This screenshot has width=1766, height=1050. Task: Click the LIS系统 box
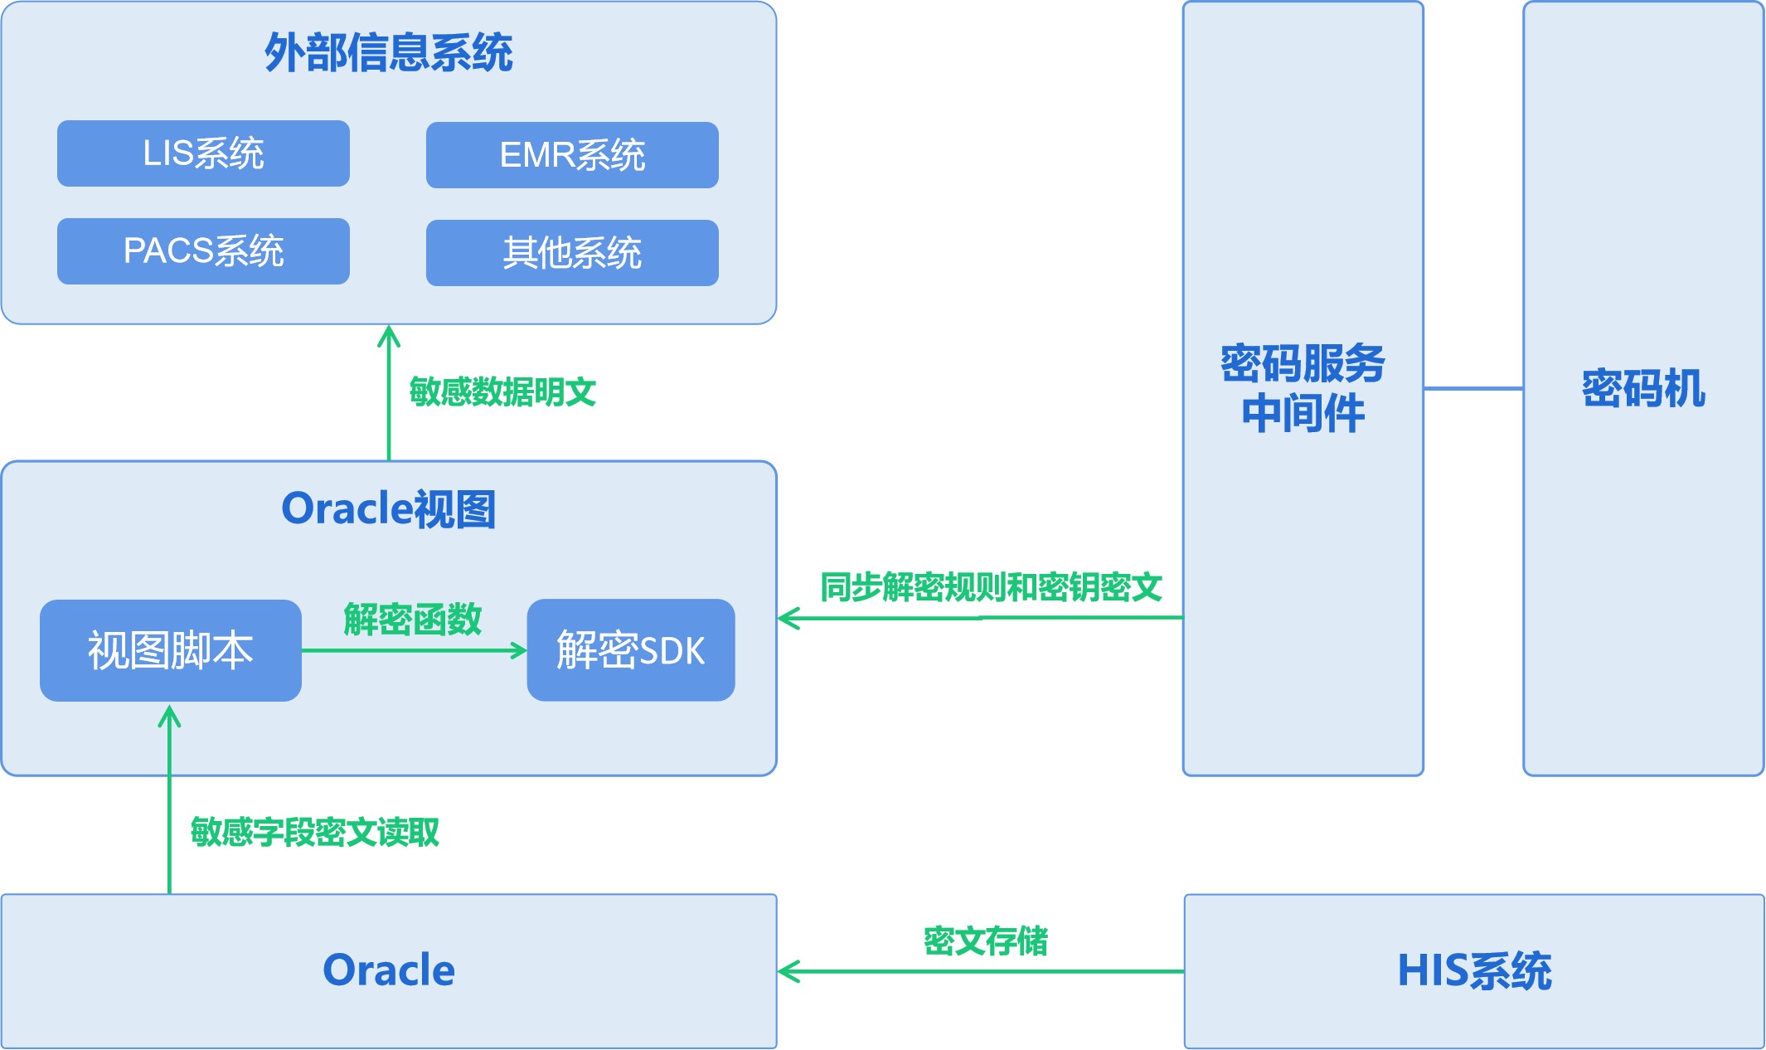pyautogui.click(x=203, y=153)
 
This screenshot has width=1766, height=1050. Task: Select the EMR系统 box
pyautogui.click(x=572, y=155)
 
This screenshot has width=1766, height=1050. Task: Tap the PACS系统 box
pyautogui.click(x=203, y=251)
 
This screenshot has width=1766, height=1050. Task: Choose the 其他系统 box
pyautogui.click(x=572, y=253)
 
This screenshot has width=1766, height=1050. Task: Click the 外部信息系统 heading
pyautogui.click(x=388, y=53)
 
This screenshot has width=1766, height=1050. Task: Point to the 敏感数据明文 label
pyautogui.click(x=502, y=391)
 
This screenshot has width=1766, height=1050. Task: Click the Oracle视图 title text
pyautogui.click(x=388, y=508)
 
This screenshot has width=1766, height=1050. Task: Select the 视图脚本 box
pyautogui.click(x=170, y=650)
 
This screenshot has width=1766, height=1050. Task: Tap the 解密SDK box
pyautogui.click(x=630, y=650)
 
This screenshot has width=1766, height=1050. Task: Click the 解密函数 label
pyautogui.click(x=412, y=620)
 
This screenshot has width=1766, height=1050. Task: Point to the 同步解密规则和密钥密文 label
pyautogui.click(x=991, y=587)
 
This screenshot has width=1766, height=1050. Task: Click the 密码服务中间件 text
pyautogui.click(x=1303, y=388)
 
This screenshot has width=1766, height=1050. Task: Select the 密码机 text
pyautogui.click(x=1642, y=388)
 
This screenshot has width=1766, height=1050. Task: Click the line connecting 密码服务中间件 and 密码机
pyautogui.click(x=1472, y=388)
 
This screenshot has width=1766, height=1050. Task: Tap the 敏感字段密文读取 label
pyautogui.click(x=315, y=832)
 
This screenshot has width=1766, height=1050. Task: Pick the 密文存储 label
pyautogui.click(x=985, y=941)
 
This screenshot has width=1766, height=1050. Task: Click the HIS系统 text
pyautogui.click(x=1474, y=970)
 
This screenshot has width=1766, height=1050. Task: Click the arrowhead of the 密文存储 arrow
pyautogui.click(x=788, y=971)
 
